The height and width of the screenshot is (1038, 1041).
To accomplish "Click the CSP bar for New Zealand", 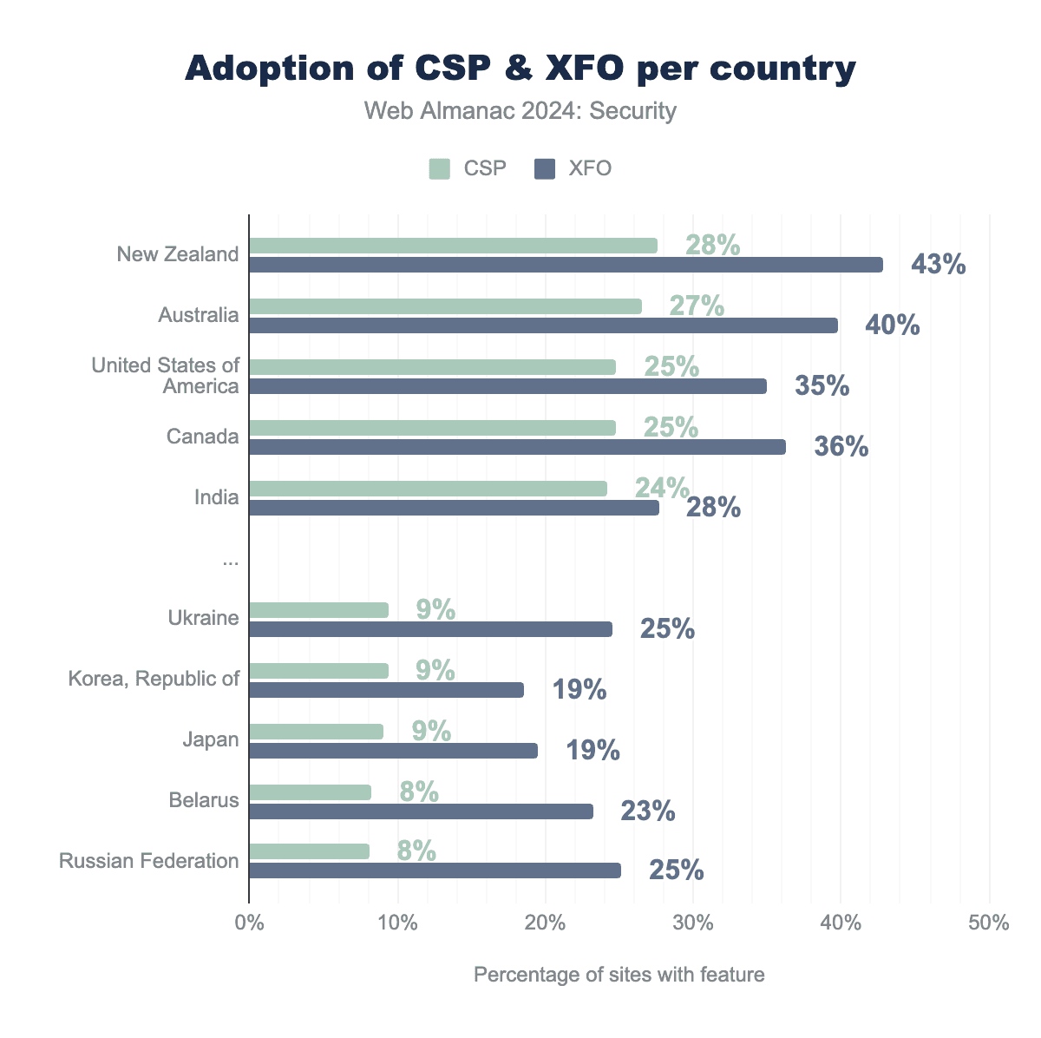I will coord(453,246).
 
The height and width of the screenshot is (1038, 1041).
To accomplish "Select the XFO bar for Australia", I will coord(543,325).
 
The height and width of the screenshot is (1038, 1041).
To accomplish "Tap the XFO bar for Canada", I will coord(517,447).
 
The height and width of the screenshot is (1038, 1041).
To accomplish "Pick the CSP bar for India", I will coord(428,489).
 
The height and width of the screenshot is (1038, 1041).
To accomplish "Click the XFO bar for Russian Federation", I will coord(435,870).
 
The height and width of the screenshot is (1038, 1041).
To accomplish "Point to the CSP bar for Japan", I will coord(316,732).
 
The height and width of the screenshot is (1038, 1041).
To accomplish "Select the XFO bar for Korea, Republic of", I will coord(386,690).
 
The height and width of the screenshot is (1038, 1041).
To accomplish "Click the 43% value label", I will coord(938,265).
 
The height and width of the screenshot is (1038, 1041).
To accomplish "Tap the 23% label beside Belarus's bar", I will coord(647,811).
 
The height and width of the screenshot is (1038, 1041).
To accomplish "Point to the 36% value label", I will coord(841,447).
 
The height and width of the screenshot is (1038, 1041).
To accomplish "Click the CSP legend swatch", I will coord(440,168).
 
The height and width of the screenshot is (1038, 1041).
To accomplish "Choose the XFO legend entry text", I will coord(590,168).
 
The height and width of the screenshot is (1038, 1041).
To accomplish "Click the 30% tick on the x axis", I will coord(693,923).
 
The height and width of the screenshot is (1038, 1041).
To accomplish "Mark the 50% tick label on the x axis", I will coord(989,923).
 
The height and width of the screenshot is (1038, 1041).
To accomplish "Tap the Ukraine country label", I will coord(203,619).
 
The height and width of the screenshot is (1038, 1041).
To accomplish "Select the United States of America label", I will coord(166,376).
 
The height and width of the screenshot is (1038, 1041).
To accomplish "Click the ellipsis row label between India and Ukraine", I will coord(230,562).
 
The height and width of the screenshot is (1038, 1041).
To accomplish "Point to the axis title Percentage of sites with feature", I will coord(619,975).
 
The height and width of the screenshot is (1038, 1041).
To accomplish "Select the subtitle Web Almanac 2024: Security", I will coord(520,111).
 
